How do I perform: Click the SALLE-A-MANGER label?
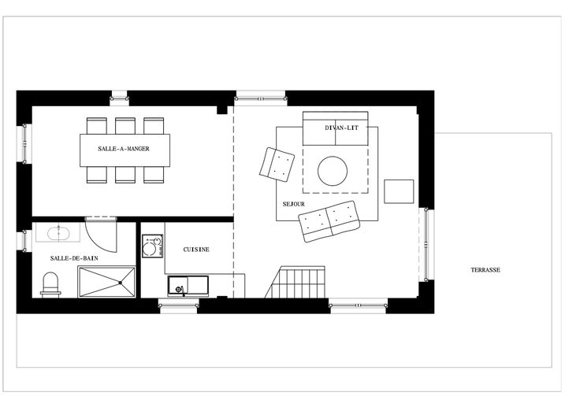tap(124, 149)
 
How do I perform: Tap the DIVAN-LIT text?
tap(342, 128)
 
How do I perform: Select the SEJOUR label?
tap(294, 204)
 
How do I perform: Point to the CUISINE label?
tap(196, 250)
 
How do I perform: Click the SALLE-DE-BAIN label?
tap(74, 258)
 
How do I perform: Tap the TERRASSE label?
tap(485, 270)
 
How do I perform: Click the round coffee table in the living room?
tap(333, 171)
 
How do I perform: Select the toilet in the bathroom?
tap(50, 285)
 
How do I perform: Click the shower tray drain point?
tap(121, 283)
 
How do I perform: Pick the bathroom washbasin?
tap(59, 234)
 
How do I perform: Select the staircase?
tap(296, 282)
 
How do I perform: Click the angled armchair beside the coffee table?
tap(277, 165)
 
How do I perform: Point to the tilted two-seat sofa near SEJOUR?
tap(329, 221)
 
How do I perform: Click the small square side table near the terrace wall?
tap(399, 191)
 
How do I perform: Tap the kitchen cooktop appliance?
tap(152, 246)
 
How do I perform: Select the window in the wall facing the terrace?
tap(426, 245)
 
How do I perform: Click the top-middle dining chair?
tap(125, 126)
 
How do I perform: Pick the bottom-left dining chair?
tap(97, 175)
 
